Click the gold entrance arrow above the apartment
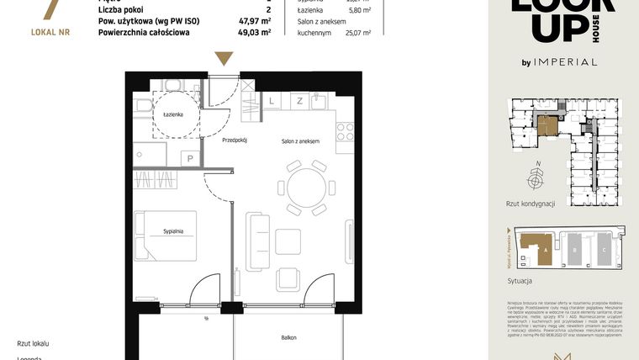tap(223, 58)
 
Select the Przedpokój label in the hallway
tap(235, 140)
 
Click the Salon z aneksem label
tap(300, 140)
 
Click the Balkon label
tap(288, 337)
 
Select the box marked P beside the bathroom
tap(191, 157)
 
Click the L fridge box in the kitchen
tap(272, 100)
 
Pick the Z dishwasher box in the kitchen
tap(298, 100)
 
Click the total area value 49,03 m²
tap(254, 33)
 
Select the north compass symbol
tap(535, 178)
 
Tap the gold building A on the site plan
tap(536, 248)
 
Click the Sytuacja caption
tap(520, 280)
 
